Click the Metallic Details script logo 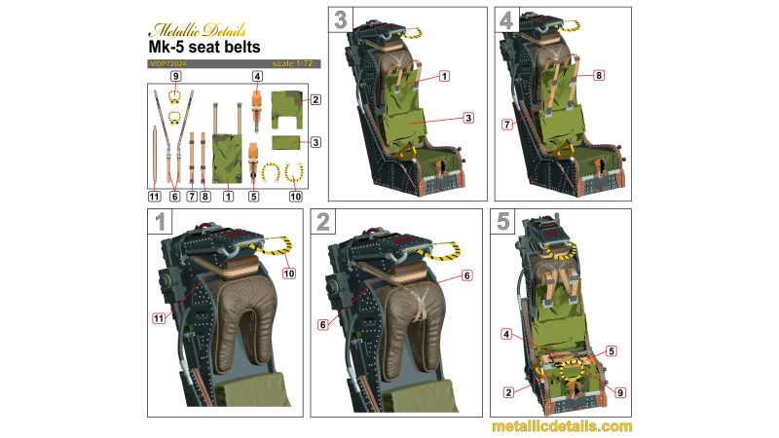[198, 30]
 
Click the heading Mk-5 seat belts [204, 47]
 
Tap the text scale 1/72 [292, 63]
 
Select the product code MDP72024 [167, 64]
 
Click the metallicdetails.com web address [562, 426]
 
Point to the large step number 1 [160, 222]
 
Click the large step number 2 [323, 222]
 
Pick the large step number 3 [340, 19]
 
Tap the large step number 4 [506, 19]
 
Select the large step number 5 [502, 222]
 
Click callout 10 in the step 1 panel [288, 274]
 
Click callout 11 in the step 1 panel [159, 318]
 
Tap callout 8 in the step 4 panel [599, 76]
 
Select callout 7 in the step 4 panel [506, 125]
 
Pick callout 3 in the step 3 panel [468, 118]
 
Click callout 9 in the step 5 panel [620, 392]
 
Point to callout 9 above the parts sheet [175, 76]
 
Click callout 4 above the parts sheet [257, 76]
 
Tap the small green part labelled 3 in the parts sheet [286, 142]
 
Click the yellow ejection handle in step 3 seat [408, 150]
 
